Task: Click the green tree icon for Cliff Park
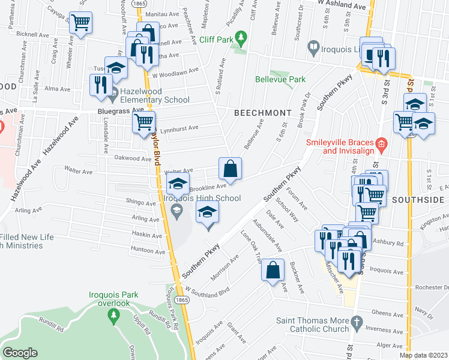(241, 38)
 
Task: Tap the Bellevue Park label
(280, 79)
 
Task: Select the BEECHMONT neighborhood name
(262, 113)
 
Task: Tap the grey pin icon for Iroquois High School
(176, 209)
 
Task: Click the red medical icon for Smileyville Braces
(381, 144)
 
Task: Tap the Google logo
(20, 352)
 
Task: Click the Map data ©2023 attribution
(423, 355)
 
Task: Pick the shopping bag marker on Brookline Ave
(230, 169)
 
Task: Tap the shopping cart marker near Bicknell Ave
(80, 23)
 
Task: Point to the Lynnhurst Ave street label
(181, 128)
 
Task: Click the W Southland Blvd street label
(209, 291)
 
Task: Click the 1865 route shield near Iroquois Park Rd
(182, 299)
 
